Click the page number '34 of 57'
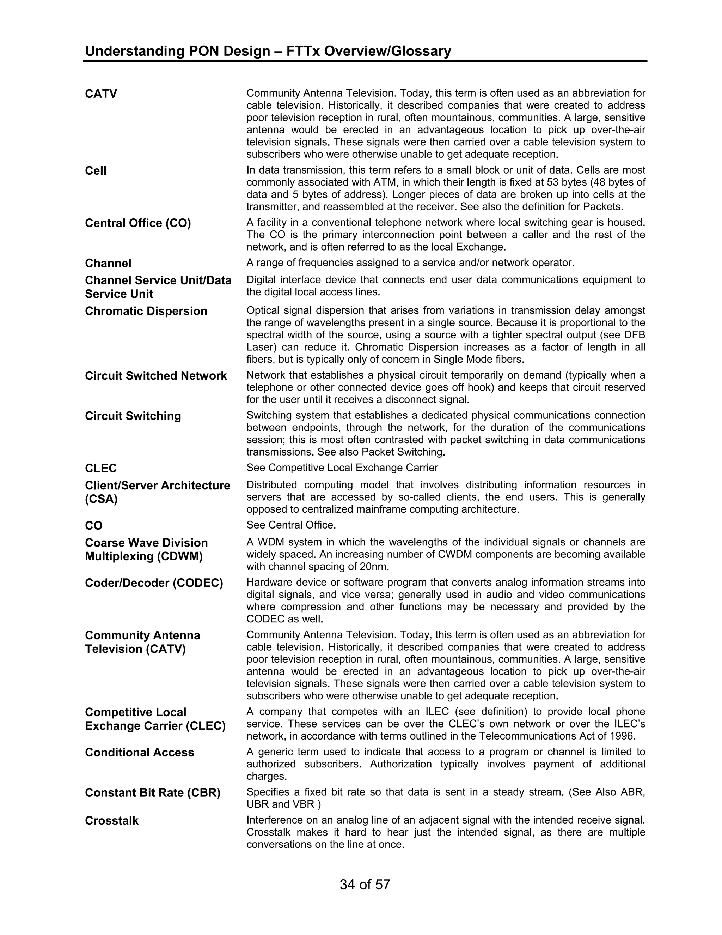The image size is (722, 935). [365, 885]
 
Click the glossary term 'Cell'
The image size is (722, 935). [96, 171]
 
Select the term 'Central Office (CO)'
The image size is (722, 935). [138, 223]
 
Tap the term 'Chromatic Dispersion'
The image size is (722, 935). [146, 311]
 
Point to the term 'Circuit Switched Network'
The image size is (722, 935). [156, 375]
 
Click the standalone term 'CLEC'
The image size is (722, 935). [100, 468]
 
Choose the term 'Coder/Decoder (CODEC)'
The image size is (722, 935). [154, 583]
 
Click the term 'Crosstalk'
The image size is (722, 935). [112, 821]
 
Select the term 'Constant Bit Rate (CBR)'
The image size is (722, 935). [152, 793]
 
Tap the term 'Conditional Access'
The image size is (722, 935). [140, 753]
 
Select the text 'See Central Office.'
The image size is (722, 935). [291, 525]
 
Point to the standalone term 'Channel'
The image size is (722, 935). [108, 263]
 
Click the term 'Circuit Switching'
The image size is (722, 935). [133, 416]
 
